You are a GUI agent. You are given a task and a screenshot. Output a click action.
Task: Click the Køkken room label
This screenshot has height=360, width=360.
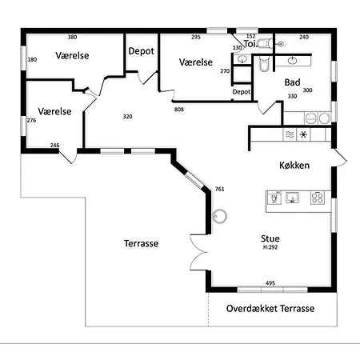(x=294, y=166)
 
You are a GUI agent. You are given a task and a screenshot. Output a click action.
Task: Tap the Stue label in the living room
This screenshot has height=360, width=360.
(x=270, y=238)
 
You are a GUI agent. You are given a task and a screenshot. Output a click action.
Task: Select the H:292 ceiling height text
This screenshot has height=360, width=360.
(x=270, y=247)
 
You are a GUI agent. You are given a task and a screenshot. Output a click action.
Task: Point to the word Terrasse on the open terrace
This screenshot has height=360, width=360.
(x=141, y=243)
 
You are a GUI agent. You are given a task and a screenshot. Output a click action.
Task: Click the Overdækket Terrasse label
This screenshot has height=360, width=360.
(x=270, y=308)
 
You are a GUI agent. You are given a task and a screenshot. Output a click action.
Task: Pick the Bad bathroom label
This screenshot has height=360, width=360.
(x=292, y=82)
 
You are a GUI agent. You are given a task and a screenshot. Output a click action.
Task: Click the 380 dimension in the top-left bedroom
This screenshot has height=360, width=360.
(x=72, y=37)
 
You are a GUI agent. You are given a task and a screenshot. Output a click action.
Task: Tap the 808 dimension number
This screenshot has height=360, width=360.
(x=179, y=110)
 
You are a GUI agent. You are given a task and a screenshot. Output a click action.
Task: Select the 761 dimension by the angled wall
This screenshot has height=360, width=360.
(x=219, y=189)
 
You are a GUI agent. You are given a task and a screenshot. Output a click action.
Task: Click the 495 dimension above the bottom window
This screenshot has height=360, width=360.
(x=270, y=283)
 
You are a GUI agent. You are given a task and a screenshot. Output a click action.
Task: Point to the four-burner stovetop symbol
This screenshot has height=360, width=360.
(x=318, y=198)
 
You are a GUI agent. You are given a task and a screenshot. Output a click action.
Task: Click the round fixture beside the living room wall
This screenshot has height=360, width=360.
(x=220, y=216)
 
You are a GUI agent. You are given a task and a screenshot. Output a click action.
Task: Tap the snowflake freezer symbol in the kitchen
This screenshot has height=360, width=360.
(x=303, y=134)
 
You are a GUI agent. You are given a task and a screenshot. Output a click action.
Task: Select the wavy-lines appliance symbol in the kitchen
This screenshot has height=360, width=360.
(x=290, y=134)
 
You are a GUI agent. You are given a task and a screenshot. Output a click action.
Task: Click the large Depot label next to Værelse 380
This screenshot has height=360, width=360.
(x=141, y=51)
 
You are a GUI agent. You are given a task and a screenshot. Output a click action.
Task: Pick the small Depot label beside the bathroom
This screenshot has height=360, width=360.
(x=242, y=92)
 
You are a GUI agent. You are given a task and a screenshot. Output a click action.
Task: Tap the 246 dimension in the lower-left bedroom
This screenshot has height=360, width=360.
(x=54, y=146)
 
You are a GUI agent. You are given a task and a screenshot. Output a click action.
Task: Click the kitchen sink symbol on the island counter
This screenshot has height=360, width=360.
(x=292, y=198)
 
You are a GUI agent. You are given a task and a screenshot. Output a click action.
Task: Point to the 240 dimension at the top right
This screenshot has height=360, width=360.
(x=304, y=37)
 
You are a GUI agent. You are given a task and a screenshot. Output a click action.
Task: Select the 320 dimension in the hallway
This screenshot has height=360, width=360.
(x=127, y=117)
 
